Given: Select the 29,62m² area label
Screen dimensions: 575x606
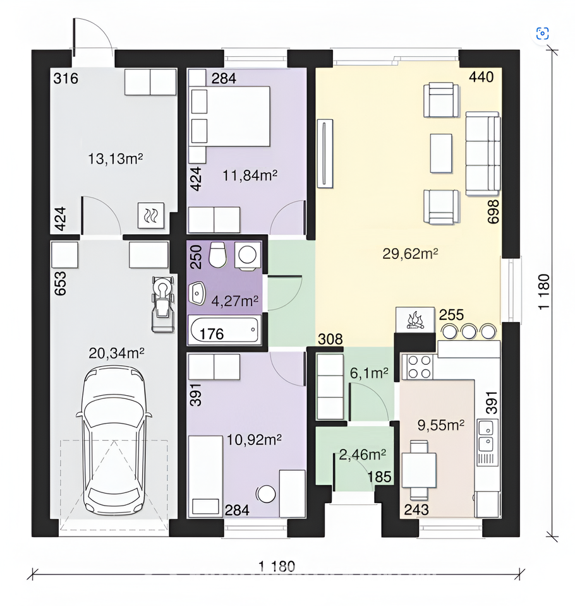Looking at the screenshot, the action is [x=410, y=254].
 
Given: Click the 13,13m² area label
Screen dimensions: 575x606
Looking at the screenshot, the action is [x=116, y=158].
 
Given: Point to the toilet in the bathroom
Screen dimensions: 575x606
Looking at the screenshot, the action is [x=217, y=254].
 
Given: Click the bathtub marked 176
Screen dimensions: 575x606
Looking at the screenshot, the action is [x=224, y=330].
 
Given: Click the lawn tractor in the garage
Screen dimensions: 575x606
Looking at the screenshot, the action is [x=162, y=304].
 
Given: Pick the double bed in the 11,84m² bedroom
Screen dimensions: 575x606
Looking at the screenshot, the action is [x=230, y=116].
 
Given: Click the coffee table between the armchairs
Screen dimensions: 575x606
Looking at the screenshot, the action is [x=441, y=153].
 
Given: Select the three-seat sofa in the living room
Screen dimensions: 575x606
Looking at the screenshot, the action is [x=483, y=153].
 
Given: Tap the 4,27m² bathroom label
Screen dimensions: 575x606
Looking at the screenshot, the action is [x=235, y=300].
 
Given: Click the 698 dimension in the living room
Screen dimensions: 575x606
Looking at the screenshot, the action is [x=493, y=211].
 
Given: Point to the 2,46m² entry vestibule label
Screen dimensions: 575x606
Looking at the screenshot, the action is [x=363, y=454].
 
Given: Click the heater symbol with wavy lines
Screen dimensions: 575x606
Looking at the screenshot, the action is [x=151, y=215].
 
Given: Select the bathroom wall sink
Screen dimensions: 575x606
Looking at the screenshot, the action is [x=197, y=292].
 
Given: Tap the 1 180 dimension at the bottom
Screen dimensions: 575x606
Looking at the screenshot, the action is [x=276, y=567].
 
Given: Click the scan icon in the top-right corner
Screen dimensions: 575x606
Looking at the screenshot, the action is [x=543, y=33].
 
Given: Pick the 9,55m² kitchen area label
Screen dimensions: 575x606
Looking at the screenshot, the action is [x=441, y=425].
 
